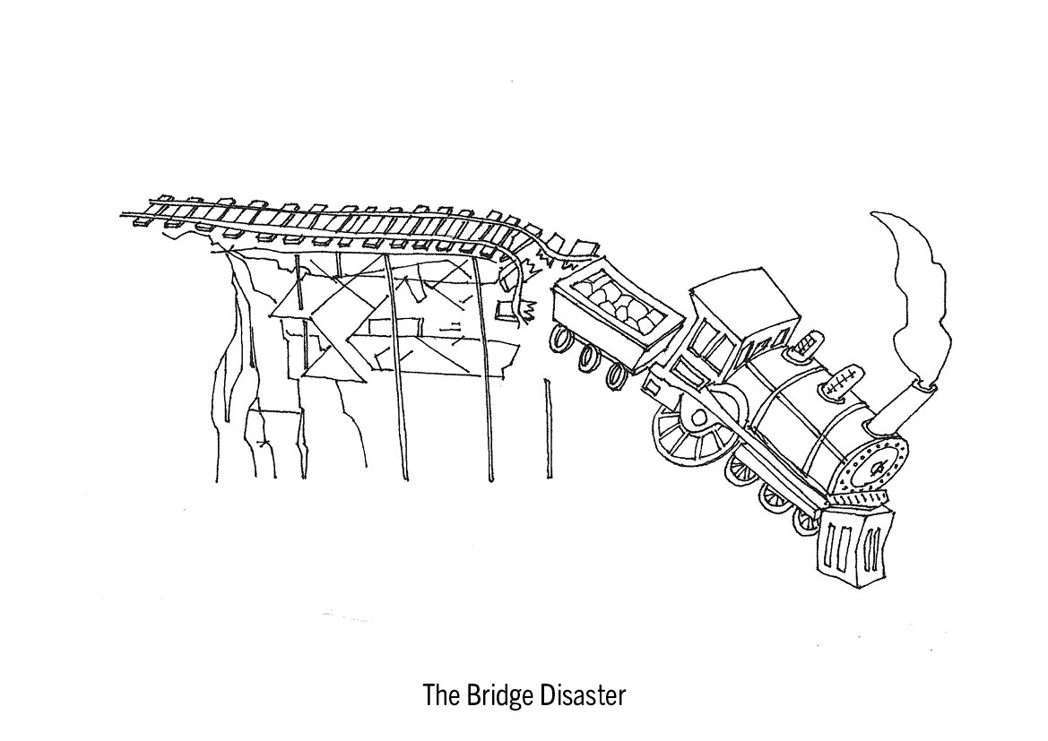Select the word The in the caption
pos(439,696)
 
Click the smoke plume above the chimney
pos(914,287)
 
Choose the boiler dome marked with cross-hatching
pos(840,381)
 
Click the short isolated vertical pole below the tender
pos(546,430)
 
